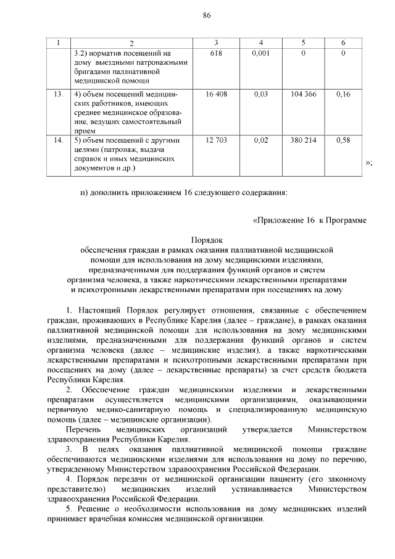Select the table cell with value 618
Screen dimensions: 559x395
(216, 54)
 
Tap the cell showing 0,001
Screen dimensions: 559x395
(261, 54)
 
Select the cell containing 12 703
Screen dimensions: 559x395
(216, 141)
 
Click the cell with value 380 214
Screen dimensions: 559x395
(304, 141)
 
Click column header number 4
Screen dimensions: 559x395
(261, 43)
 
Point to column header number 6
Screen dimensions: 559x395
(343, 43)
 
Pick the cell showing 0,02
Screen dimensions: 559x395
(261, 141)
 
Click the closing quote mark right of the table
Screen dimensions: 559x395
(369, 163)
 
